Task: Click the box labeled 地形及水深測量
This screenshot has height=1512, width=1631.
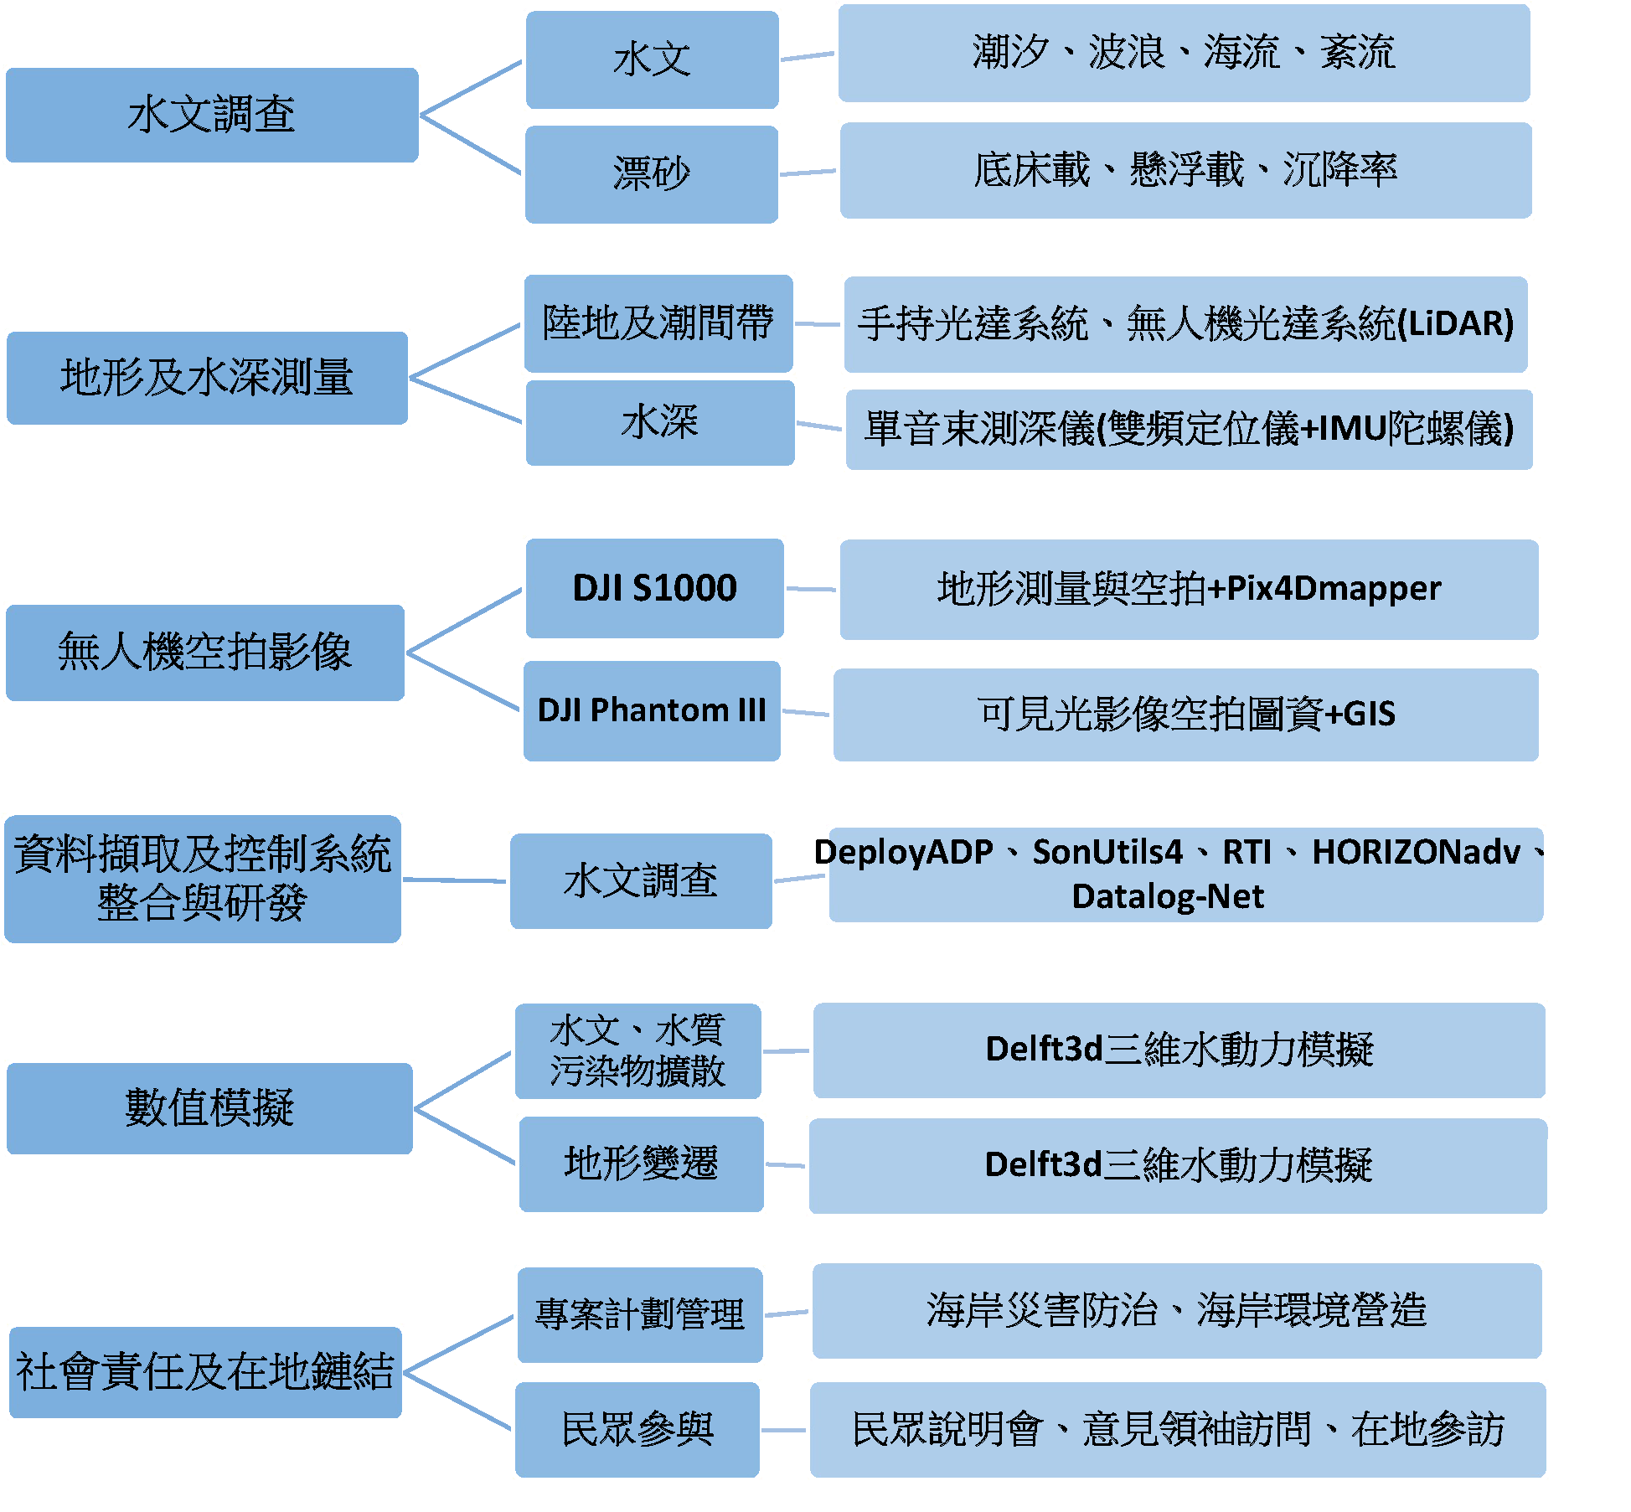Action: pyautogui.click(x=207, y=378)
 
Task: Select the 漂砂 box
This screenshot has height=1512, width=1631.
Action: pyautogui.click(x=651, y=174)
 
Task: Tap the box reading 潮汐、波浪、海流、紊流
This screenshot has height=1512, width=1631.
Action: pyautogui.click(x=1184, y=53)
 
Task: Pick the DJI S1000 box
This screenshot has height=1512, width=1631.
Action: pyautogui.click(x=654, y=588)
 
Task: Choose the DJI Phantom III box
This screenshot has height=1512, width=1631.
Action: pyautogui.click(x=652, y=710)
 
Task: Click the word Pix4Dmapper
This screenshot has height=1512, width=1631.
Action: pyautogui.click(x=1334, y=589)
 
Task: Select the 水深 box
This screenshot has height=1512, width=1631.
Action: pyautogui.click(x=659, y=422)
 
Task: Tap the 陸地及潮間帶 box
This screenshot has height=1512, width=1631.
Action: pyautogui.click(x=658, y=323)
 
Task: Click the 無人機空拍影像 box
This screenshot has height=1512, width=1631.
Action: pyautogui.click(x=204, y=653)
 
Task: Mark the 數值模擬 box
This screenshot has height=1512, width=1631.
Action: pyautogui.click(x=209, y=1108)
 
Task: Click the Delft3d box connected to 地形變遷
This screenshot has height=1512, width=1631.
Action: pyautogui.click(x=1177, y=1165)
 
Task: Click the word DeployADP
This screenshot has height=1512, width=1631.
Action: pyautogui.click(x=904, y=853)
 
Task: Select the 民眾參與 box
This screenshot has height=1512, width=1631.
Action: pyautogui.click(x=637, y=1429)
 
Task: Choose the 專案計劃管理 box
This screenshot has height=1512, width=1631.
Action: pyautogui.click(x=640, y=1313)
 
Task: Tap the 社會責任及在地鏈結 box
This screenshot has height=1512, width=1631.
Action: pyautogui.click(x=205, y=1372)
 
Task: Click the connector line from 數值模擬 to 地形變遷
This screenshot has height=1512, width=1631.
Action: pyautogui.click(x=464, y=1136)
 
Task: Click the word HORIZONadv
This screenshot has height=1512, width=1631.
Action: pyautogui.click(x=1416, y=853)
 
